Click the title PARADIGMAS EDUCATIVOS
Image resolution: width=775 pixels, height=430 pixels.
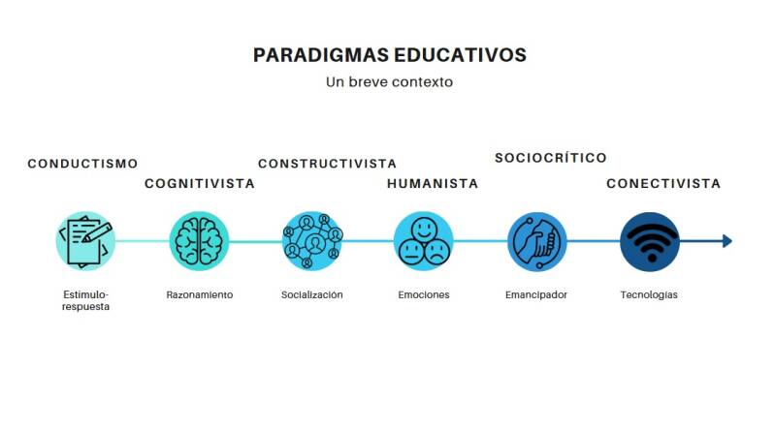pyautogui.click(x=389, y=54)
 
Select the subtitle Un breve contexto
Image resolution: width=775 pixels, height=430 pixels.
pyautogui.click(x=389, y=82)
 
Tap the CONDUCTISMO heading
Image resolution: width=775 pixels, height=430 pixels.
pyautogui.click(x=82, y=164)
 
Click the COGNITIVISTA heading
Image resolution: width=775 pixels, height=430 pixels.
pyautogui.click(x=200, y=183)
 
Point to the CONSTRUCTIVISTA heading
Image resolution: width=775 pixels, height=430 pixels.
pyautogui.click(x=327, y=164)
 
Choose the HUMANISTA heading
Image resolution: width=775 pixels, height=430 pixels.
pyautogui.click(x=433, y=183)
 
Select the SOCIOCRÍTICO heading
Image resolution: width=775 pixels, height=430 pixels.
pyautogui.click(x=550, y=158)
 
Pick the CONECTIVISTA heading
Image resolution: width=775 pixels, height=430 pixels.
pyautogui.click(x=663, y=183)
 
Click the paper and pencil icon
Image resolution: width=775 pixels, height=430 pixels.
pyautogui.click(x=85, y=241)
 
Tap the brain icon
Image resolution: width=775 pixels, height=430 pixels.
pyautogui.click(x=200, y=241)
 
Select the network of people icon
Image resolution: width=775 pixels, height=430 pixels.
pyautogui.click(x=312, y=241)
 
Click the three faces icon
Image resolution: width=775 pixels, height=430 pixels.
pyautogui.click(x=424, y=241)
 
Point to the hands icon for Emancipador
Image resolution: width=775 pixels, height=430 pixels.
pyautogui.click(x=536, y=241)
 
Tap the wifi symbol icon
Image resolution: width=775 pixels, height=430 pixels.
pyautogui.click(x=649, y=241)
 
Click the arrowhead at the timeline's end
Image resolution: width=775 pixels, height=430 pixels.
pyautogui.click(x=727, y=241)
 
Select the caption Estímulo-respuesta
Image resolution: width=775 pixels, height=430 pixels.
pyautogui.click(x=85, y=300)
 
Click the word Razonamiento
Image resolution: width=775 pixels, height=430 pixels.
pyautogui.click(x=200, y=294)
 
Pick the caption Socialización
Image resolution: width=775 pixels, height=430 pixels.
pyautogui.click(x=312, y=294)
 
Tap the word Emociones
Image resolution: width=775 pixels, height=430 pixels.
pyautogui.click(x=424, y=294)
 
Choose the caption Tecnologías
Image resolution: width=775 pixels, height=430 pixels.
pyautogui.click(x=649, y=294)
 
